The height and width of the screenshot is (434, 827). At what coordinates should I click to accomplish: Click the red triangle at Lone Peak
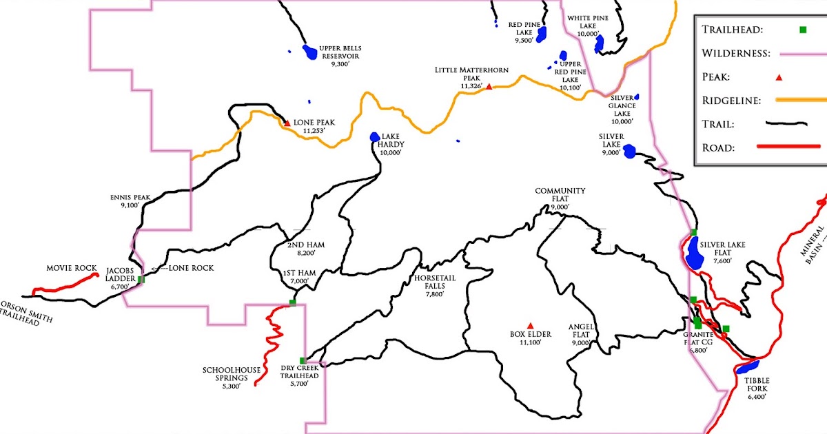[287, 123]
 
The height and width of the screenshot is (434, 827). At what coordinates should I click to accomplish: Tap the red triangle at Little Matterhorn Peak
[489, 86]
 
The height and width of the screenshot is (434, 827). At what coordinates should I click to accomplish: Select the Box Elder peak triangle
[529, 325]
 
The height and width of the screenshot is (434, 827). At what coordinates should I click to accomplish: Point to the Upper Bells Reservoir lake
[311, 52]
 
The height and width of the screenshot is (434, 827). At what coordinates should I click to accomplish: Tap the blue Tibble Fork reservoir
[747, 366]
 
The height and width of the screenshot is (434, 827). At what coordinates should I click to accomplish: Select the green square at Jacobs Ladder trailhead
[141, 279]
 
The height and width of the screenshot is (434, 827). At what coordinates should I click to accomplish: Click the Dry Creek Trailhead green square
[303, 360]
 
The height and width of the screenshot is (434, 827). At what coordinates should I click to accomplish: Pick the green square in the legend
[803, 29]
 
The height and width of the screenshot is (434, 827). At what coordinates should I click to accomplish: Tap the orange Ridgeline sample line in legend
[801, 101]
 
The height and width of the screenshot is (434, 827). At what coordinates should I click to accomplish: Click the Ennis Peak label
[120, 199]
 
